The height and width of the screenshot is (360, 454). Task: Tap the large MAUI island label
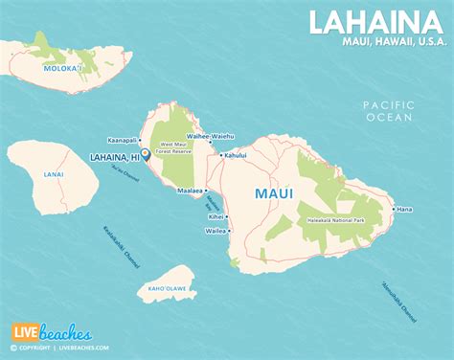click(274, 193)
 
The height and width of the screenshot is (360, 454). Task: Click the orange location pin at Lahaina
click(144, 152)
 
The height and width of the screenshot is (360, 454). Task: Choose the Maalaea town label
click(191, 191)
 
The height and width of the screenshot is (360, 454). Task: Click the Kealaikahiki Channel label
click(118, 251)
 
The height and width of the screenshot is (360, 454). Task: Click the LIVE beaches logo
click(52, 333)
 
